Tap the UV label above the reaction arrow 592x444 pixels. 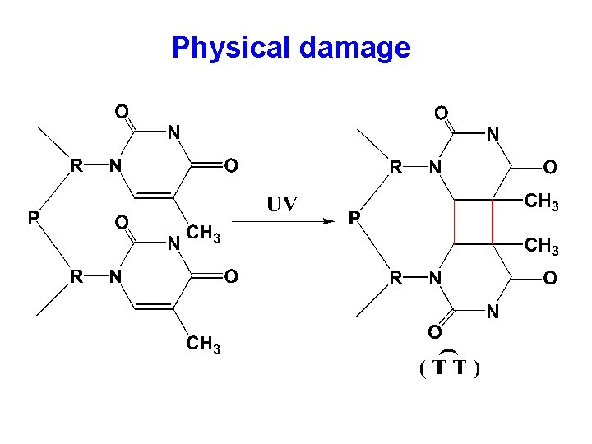pos(281,203)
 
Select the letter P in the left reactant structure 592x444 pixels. pos(33,219)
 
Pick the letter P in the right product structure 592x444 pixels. pos(354,219)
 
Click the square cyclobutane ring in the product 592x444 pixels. pos(473,221)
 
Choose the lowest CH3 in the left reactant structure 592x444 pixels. pos(203,345)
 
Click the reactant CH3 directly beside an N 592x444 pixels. pos(203,235)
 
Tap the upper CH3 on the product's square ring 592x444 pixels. pos(542,201)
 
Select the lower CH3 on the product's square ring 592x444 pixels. pos(542,244)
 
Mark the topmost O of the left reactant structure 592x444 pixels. pos(121,109)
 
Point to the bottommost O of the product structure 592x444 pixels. pos(432,331)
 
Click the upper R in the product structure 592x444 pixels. pos(395,168)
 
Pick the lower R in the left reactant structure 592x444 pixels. pos(75,277)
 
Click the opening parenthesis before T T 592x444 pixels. pos(422,369)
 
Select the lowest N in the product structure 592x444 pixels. pos(493,312)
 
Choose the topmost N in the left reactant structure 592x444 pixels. pos(174,132)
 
